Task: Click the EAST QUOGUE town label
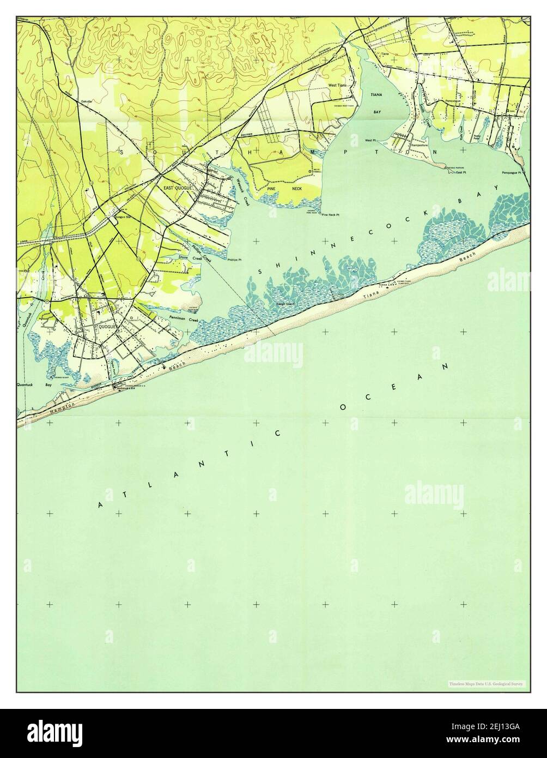pyautogui.click(x=176, y=188)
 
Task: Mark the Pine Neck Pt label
pyautogui.click(x=330, y=215)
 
